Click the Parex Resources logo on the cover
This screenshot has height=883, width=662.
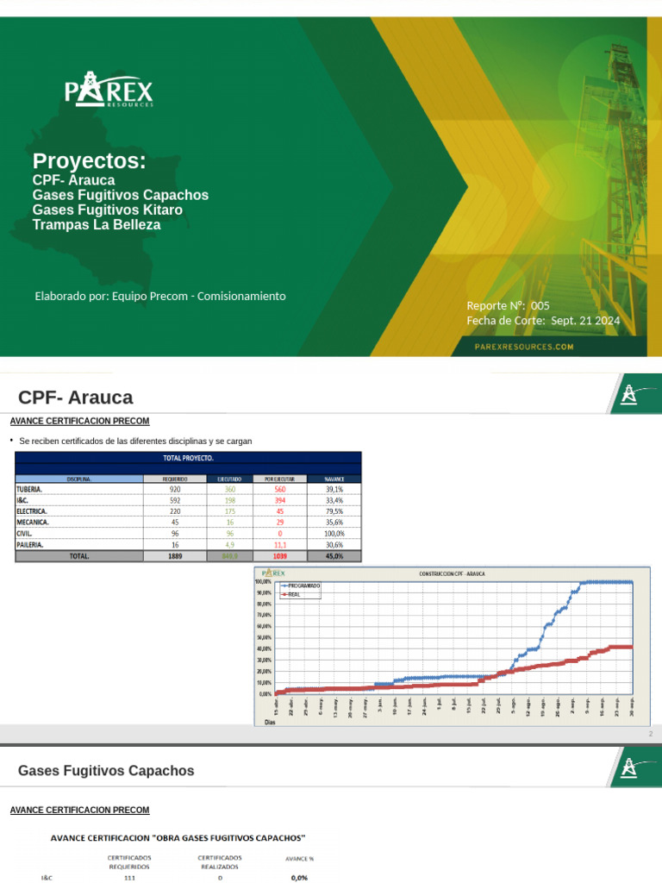(x=109, y=91)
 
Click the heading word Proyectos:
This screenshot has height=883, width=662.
(x=89, y=161)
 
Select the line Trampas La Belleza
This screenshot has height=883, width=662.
(x=97, y=224)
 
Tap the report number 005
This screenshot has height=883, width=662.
(x=540, y=306)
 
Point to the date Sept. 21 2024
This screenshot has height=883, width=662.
(x=585, y=321)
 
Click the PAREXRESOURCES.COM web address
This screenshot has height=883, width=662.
(x=524, y=347)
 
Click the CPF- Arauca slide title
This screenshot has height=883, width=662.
(x=76, y=398)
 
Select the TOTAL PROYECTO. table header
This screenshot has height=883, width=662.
(x=188, y=458)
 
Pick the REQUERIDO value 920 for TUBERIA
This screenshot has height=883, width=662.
(x=175, y=489)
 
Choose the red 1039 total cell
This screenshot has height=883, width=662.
(x=279, y=556)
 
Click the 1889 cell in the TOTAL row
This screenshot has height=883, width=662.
(x=175, y=556)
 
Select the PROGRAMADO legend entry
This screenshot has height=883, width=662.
(x=303, y=586)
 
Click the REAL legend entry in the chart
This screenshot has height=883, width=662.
(x=295, y=594)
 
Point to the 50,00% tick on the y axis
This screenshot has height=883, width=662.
(x=264, y=637)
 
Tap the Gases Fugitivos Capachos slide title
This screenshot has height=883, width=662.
(x=106, y=770)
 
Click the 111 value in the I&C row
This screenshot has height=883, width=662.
(x=129, y=878)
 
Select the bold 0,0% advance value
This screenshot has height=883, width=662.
(x=299, y=878)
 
